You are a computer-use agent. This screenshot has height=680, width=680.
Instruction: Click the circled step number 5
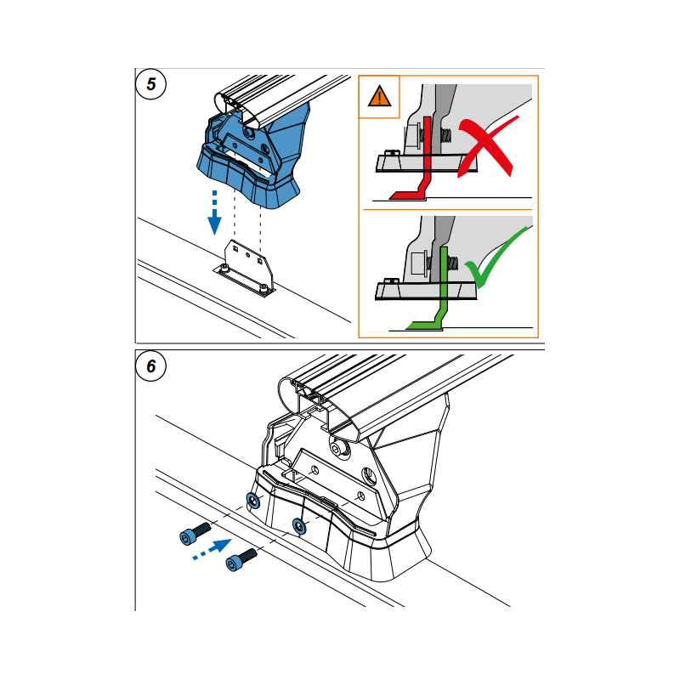pyautogui.click(x=151, y=84)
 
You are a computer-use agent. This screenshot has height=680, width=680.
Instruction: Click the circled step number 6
pyautogui.click(x=151, y=366)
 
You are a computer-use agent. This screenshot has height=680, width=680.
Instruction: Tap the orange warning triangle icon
pyautogui.click(x=379, y=97)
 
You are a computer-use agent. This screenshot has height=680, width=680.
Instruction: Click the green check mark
pyautogui.click(x=496, y=258)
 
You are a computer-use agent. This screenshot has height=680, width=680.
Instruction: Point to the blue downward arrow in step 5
pyautogui.click(x=215, y=212)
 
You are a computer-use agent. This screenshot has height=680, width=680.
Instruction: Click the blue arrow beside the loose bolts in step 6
pyautogui.click(x=212, y=549)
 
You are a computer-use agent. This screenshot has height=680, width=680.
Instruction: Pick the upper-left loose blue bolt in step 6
pyautogui.click(x=195, y=533)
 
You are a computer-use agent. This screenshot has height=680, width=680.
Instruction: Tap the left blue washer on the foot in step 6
pyautogui.click(x=253, y=501)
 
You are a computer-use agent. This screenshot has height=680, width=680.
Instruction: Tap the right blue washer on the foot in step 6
pyautogui.click(x=299, y=526)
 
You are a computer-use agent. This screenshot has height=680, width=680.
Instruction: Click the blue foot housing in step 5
pyautogui.click(x=252, y=161)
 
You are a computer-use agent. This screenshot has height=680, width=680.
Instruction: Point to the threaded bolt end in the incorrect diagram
pyautogui.click(x=445, y=136)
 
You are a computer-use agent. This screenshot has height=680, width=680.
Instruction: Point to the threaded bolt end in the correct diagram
pyautogui.click(x=452, y=263)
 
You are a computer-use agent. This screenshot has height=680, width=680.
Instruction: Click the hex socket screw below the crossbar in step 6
pyautogui.click(x=339, y=447)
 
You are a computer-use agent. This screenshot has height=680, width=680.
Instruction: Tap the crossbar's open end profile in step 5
pyautogui.click(x=236, y=109)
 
